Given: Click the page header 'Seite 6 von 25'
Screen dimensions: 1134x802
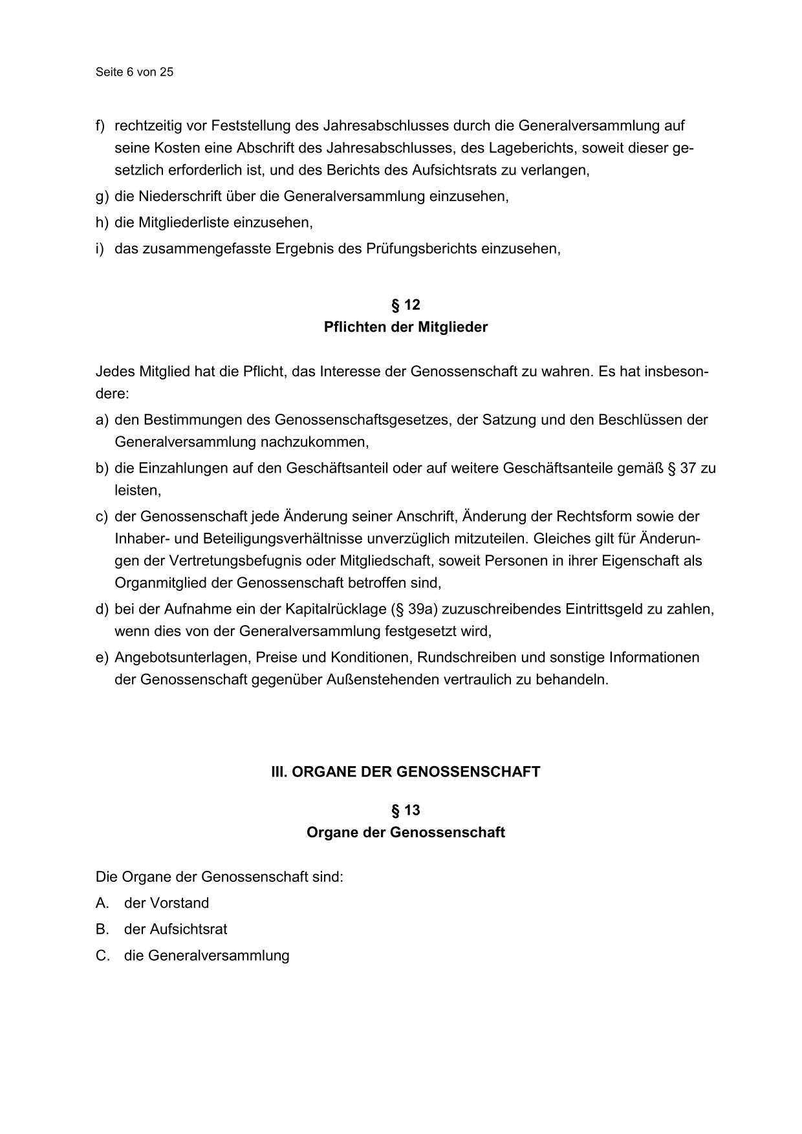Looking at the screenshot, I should coord(134,72).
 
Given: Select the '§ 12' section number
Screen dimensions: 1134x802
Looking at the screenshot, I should coord(406,305).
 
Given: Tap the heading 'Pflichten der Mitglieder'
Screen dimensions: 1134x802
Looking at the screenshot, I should coord(406,327).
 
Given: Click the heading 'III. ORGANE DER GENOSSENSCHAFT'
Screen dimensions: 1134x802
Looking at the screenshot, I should coord(406,772).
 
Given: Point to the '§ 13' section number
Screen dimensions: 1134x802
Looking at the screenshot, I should coord(406,811).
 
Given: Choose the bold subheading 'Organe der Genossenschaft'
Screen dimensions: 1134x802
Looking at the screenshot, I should coord(406,833).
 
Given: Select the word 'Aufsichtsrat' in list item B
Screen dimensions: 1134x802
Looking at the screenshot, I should coord(188,930).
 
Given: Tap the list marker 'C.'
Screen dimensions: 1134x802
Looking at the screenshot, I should coord(103,956).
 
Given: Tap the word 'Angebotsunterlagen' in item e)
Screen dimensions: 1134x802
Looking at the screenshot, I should coord(182,658).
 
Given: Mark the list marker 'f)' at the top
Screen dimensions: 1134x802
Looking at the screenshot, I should coord(101,125).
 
